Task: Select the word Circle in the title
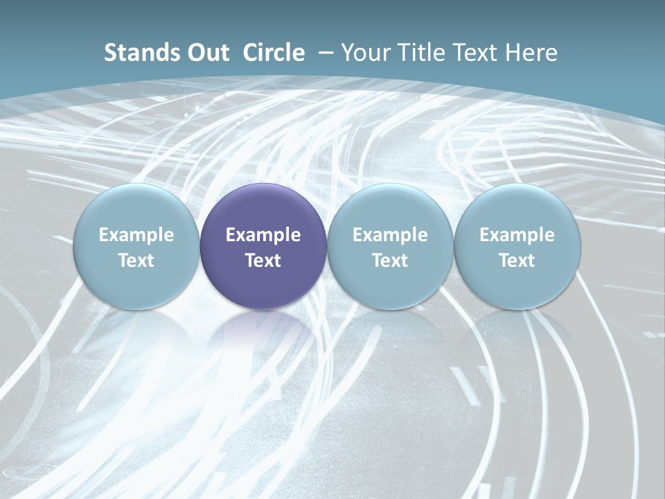(274, 53)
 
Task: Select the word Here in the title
(531, 53)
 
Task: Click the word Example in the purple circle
(263, 235)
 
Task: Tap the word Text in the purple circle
(263, 261)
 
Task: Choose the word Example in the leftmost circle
(136, 235)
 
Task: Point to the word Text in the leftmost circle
(136, 261)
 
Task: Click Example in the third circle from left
(390, 235)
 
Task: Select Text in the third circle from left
(390, 261)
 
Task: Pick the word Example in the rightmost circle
(517, 235)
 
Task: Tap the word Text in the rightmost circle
(517, 261)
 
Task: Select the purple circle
(263, 208)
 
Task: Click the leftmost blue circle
(136, 208)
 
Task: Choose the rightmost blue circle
(517, 208)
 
